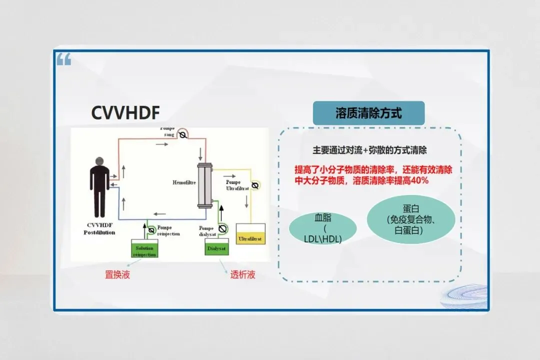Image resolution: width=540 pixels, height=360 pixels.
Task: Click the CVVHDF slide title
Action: pyautogui.click(x=125, y=113)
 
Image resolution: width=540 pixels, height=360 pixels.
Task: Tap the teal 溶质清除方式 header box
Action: pyautogui.click(x=368, y=113)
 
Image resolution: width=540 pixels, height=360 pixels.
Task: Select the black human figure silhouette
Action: pyautogui.click(x=99, y=188)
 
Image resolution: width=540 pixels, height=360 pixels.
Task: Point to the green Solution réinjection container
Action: pyautogui.click(x=144, y=249)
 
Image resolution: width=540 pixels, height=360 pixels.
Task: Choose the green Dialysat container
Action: pyautogui.click(x=217, y=247)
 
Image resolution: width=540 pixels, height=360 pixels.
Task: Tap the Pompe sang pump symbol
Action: pyautogui.click(x=183, y=135)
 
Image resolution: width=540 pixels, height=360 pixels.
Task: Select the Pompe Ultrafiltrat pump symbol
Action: pyautogui.click(x=255, y=185)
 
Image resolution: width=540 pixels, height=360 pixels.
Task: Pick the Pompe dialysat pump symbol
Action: pyautogui.click(x=223, y=228)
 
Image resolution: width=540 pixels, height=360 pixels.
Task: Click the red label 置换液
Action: pyautogui.click(x=117, y=274)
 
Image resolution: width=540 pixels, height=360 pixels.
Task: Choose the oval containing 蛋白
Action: pyautogui.click(x=411, y=219)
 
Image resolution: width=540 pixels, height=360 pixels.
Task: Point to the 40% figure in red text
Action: pyautogui.click(x=417, y=180)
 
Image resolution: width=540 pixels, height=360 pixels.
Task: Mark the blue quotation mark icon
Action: pyautogui.click(x=63, y=60)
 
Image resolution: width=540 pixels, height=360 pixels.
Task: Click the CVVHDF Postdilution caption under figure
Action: pyautogui.click(x=99, y=228)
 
